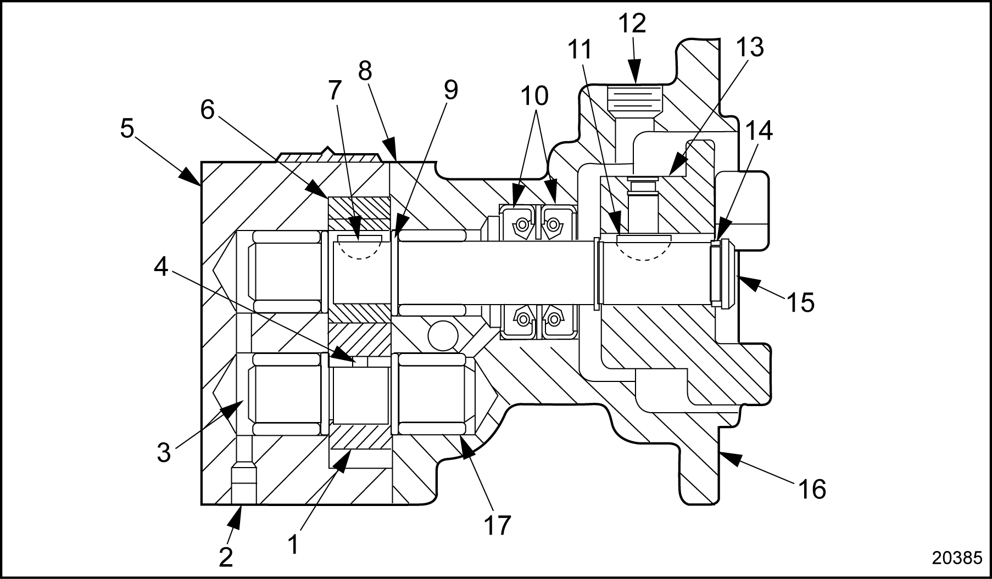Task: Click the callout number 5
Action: tap(127, 129)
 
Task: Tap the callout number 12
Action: tap(632, 25)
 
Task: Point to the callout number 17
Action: tap(497, 525)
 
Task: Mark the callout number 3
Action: tap(164, 453)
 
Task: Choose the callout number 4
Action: tap(160, 267)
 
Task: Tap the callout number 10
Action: tap(534, 96)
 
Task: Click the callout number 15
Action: tap(800, 301)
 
